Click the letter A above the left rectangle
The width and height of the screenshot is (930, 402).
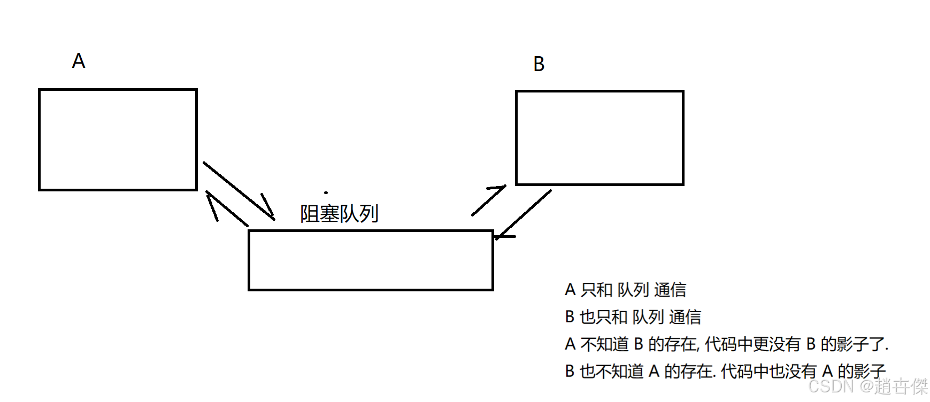(x=79, y=61)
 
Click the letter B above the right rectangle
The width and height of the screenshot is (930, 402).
(x=539, y=64)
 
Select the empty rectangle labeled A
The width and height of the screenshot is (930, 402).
(x=118, y=140)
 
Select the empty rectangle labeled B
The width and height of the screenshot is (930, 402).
(x=599, y=138)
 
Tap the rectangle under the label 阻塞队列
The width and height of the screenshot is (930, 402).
(x=371, y=260)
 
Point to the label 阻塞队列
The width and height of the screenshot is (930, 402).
(x=339, y=214)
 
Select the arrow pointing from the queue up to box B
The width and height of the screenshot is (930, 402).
(x=488, y=200)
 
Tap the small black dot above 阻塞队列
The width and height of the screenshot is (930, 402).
(x=326, y=192)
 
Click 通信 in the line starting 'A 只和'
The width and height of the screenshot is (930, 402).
(x=670, y=290)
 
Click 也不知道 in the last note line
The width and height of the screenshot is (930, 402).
(x=612, y=371)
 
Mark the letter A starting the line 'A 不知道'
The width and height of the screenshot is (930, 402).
(x=571, y=344)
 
